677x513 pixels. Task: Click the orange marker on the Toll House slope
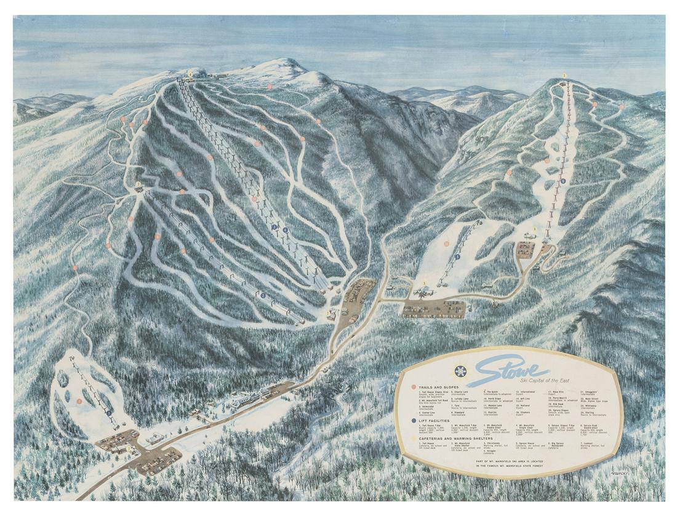coord(79,401)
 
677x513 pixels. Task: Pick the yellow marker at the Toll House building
coord(128,448)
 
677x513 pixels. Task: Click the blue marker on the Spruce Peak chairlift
coord(563,181)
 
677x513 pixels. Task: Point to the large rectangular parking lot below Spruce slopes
coord(434,309)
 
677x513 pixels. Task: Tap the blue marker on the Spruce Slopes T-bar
coord(457,257)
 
